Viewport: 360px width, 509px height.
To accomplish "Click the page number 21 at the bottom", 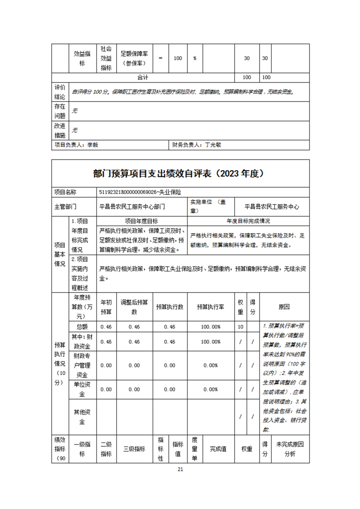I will point(180,469).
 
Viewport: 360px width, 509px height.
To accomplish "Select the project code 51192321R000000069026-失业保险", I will point(143,192).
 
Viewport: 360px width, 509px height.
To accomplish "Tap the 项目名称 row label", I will point(65,192).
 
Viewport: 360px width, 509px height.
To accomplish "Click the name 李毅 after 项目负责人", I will point(93,145).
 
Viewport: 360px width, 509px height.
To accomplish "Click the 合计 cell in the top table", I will point(143,78).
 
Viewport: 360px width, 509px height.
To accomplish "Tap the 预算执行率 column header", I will point(209,307).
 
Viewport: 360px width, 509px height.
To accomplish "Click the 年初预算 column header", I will point(106,307).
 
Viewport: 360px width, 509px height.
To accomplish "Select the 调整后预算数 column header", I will point(134,307).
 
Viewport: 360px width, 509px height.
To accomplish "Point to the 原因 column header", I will point(284,307).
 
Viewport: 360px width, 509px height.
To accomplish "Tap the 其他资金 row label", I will point(82,416).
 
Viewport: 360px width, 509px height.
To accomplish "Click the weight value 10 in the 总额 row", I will point(240,327).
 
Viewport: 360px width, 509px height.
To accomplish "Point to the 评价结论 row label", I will point(60,92).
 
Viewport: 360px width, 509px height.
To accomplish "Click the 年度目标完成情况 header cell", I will point(248,221).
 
